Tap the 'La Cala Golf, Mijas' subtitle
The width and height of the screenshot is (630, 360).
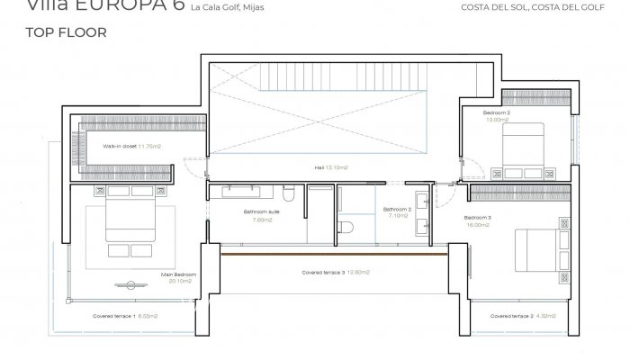tap(229, 9)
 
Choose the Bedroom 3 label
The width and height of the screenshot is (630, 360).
tap(478, 218)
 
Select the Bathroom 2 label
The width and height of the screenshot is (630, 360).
tap(397, 209)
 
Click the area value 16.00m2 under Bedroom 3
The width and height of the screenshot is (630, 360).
tap(477, 225)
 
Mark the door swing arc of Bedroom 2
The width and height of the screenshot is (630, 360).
tap(498, 168)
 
